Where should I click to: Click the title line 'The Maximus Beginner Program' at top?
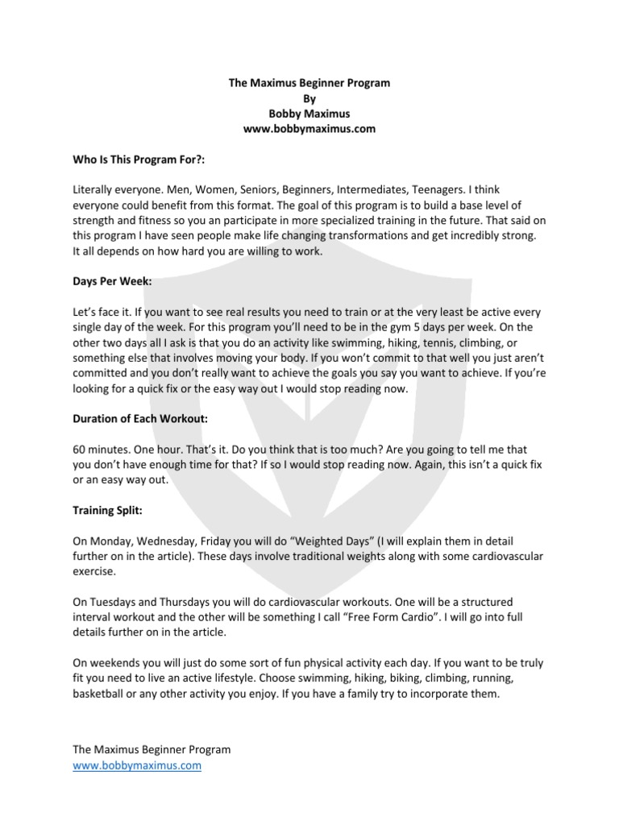coord(309,83)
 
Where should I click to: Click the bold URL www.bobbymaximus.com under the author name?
coord(309,129)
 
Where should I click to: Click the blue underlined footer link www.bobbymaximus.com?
coord(137,765)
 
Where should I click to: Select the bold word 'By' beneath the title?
coord(309,98)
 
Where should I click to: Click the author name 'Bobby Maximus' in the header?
coord(309,114)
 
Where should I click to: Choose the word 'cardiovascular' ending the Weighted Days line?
coord(501,554)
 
